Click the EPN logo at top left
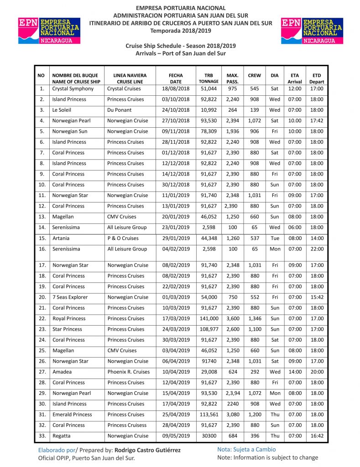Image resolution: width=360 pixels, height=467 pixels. coord(48,31)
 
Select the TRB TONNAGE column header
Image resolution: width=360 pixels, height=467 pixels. coord(209,78)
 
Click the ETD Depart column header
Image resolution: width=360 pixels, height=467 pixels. coord(317,78)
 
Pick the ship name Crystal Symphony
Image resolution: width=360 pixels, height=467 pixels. coord(73,88)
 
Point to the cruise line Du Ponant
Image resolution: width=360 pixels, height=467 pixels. coord(120,110)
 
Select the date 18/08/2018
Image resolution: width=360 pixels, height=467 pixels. coord(175,88)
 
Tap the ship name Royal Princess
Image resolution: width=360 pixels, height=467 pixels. coord(69,318)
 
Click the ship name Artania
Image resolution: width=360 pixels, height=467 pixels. coord(61,238)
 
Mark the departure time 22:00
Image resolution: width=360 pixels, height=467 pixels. coord(317,249)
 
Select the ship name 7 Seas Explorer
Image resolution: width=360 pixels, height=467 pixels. coord(70,297)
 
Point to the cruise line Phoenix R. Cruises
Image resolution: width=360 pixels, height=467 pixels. coord(128,372)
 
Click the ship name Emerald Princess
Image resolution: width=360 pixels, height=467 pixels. coord(72,415)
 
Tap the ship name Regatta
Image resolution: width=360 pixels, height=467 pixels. coord(62,436)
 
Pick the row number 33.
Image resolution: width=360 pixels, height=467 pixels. coord(42,436)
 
